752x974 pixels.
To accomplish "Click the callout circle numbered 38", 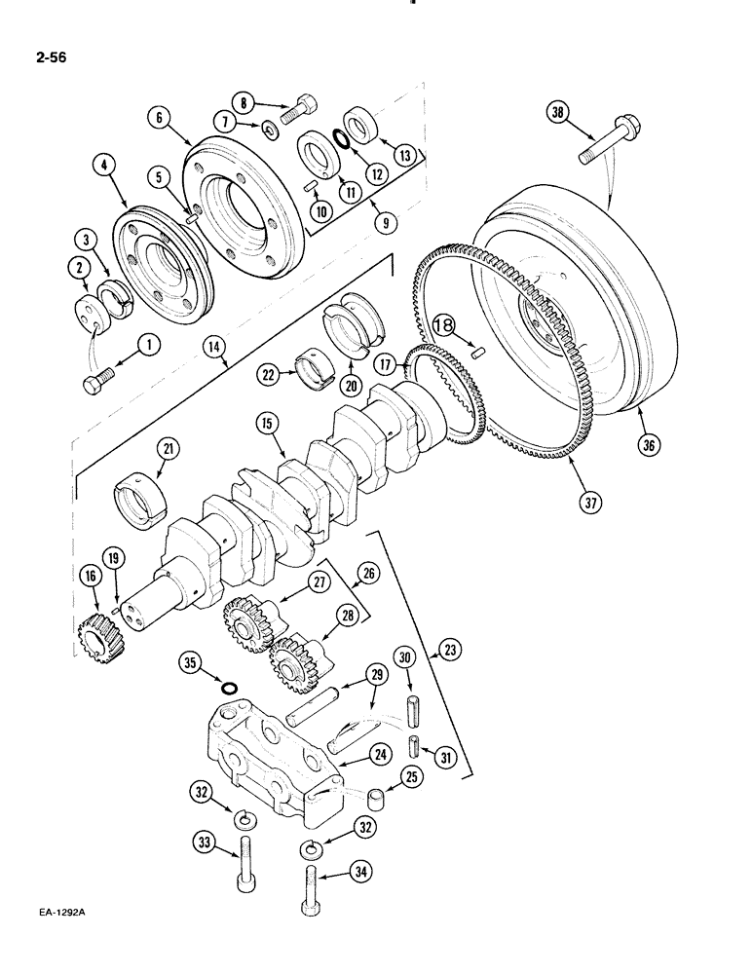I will (x=557, y=113).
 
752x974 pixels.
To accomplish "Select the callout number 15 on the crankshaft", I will (x=266, y=423).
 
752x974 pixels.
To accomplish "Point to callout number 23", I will (x=453, y=651).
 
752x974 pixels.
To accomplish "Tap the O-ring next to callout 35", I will (x=228, y=690).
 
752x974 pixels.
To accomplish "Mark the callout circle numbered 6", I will (x=161, y=117).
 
